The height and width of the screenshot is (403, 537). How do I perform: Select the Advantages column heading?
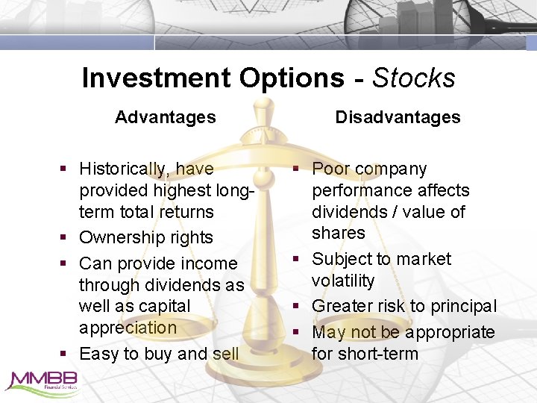pyautogui.click(x=166, y=117)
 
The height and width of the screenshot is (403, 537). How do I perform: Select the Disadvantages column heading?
pyautogui.click(x=398, y=117)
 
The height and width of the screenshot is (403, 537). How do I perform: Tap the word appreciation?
pyautogui.click(x=128, y=328)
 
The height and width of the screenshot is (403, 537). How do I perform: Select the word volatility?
pyautogui.click(x=343, y=281)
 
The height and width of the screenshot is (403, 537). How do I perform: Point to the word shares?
pyautogui.click(x=338, y=233)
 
